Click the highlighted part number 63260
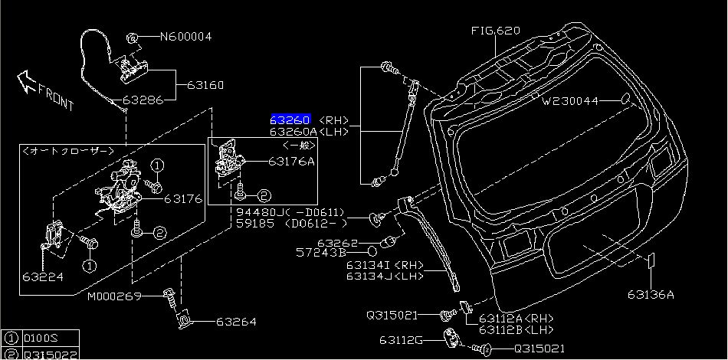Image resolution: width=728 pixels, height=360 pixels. pyautogui.click(x=290, y=120)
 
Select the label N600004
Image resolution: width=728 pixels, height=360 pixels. pyautogui.click(x=185, y=37)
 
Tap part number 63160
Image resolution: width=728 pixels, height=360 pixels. pyautogui.click(x=205, y=85)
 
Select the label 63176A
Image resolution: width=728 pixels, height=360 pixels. pyautogui.click(x=291, y=162)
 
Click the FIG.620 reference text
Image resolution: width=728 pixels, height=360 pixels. pyautogui.click(x=495, y=31)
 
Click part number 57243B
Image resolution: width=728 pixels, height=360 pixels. pyautogui.click(x=321, y=252)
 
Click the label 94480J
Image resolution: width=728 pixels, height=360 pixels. pyautogui.click(x=257, y=212)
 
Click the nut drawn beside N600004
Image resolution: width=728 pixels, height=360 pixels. pyautogui.click(x=132, y=37)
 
